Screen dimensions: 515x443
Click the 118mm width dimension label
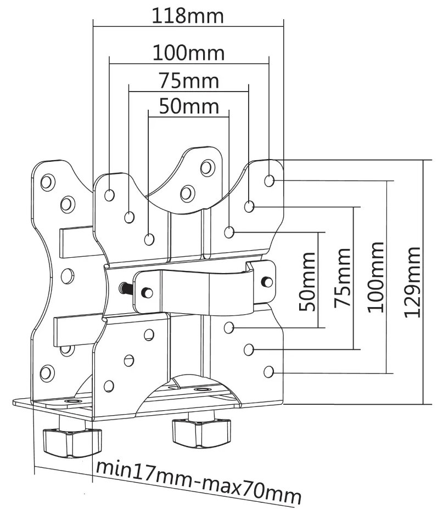click(188, 15)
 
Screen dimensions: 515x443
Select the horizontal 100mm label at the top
click(188, 53)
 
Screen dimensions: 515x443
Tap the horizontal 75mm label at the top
click(188, 81)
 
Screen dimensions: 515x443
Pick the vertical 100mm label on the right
click(376, 278)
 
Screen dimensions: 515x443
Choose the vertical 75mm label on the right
click(343, 279)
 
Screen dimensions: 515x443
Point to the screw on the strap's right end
click(267, 281)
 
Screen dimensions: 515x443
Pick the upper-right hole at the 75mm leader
click(249, 207)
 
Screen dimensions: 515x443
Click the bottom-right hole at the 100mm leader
click(268, 372)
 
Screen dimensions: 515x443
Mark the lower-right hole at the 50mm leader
click(229, 327)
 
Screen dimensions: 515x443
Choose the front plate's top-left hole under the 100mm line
click(110, 194)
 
